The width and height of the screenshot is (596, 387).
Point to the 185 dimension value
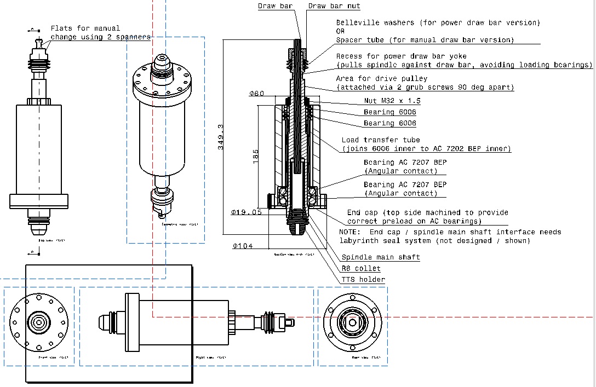(256, 155)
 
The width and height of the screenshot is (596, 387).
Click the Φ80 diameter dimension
(256, 94)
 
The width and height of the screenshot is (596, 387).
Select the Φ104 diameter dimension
(243, 246)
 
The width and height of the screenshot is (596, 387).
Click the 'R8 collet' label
(361, 269)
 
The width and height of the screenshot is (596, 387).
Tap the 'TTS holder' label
(363, 280)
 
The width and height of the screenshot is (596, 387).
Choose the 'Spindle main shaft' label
(381, 257)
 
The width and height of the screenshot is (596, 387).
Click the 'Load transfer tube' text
(381, 140)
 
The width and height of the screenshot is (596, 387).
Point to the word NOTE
(350, 232)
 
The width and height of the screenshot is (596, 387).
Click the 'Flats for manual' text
(85, 28)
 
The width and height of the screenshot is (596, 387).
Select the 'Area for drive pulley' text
(381, 79)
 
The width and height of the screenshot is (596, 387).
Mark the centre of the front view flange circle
(39, 322)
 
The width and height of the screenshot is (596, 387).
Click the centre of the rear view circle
(352, 322)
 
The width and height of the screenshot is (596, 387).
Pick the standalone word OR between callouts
(340, 31)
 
